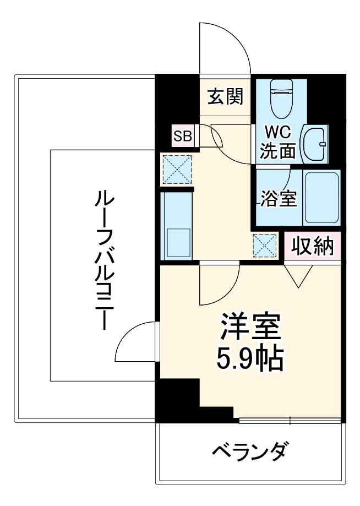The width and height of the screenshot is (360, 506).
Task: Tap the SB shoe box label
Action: point(182,136)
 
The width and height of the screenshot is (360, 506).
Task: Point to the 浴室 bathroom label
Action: point(279,199)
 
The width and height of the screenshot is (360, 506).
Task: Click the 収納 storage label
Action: point(313,246)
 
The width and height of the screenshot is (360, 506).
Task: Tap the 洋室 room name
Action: point(252,327)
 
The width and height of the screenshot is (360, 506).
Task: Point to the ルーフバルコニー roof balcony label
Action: point(102,259)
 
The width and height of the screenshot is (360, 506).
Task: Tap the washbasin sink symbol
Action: point(315,144)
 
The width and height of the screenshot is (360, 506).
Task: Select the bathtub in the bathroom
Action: point(322,198)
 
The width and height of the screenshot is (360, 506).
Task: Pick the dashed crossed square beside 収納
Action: point(264,246)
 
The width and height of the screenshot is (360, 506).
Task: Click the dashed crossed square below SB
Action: point(176,169)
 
